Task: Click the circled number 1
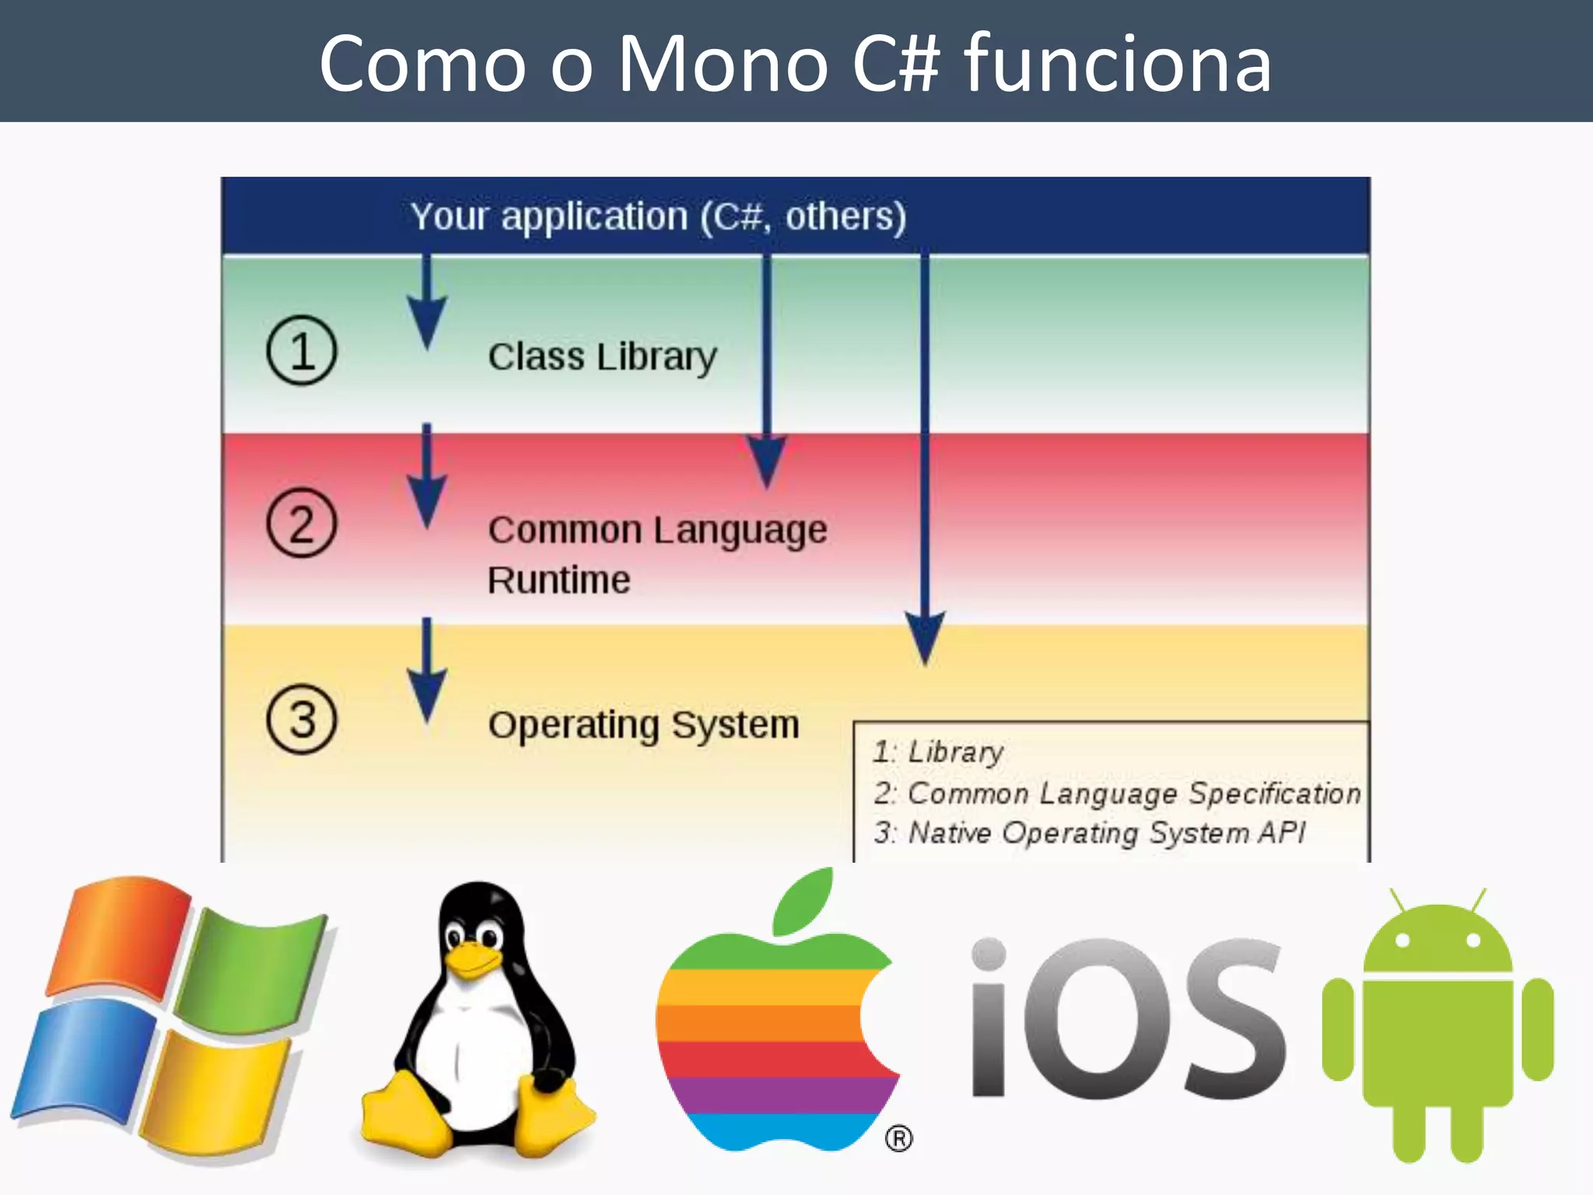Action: [x=302, y=350]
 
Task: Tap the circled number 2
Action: [x=302, y=523]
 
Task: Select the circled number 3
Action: [x=302, y=719]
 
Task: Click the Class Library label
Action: [x=602, y=357]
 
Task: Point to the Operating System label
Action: [x=643, y=725]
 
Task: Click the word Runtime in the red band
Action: [x=558, y=580]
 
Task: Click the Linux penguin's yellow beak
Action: [x=471, y=958]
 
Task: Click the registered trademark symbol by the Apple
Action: [x=898, y=1139]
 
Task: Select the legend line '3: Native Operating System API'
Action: [x=1089, y=833]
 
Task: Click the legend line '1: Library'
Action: [x=938, y=752]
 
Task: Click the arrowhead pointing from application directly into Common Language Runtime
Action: [x=767, y=461]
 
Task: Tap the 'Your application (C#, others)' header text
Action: [x=658, y=217]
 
